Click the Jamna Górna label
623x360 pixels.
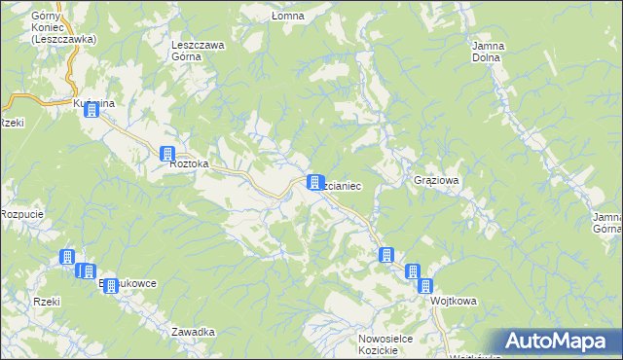tap(605, 223)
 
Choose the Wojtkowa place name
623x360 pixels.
tap(454, 302)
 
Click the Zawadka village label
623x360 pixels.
tap(193, 332)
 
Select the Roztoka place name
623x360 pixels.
tap(190, 164)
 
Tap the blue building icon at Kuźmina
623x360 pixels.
tap(91, 110)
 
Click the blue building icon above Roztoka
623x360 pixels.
tap(166, 154)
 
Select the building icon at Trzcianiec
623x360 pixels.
tap(314, 182)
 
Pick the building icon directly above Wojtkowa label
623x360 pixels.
tap(425, 285)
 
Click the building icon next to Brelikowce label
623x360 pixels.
tap(110, 286)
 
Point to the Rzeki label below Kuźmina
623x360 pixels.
tap(11, 123)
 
